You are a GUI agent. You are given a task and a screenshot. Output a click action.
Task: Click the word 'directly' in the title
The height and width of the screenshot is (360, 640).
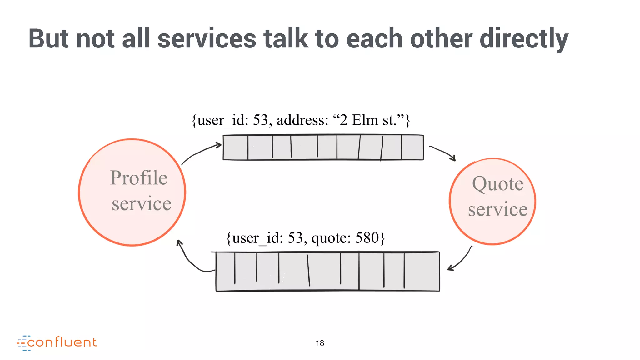point(524,39)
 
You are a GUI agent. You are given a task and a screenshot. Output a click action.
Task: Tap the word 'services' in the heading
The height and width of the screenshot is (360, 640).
point(207,39)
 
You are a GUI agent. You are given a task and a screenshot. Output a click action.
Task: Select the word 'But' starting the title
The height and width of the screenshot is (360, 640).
point(48,39)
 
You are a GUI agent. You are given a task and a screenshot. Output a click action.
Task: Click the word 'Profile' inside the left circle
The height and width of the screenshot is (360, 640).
point(139,178)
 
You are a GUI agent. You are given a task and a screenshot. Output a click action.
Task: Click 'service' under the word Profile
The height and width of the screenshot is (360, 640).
point(141,204)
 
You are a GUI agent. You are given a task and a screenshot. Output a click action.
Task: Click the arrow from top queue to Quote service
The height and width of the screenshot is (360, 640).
point(442,152)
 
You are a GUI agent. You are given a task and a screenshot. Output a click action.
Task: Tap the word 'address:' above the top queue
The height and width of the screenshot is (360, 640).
point(302,120)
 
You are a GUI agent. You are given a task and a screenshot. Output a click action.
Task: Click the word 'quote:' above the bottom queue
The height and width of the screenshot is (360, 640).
point(331,238)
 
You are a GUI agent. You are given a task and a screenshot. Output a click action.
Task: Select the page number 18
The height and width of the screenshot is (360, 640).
point(320,343)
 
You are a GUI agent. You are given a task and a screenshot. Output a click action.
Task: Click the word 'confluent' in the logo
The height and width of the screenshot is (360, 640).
point(62,342)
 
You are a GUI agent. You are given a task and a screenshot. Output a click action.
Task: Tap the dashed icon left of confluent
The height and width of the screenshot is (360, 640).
point(22,343)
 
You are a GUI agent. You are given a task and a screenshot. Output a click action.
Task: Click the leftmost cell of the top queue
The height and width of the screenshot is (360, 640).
point(235,147)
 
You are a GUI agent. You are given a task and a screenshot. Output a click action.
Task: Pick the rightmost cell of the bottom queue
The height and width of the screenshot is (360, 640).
point(422,271)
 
